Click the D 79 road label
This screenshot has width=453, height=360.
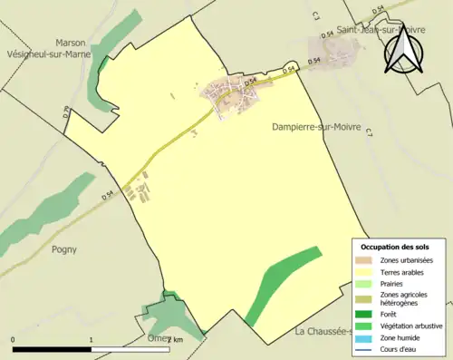[67, 112]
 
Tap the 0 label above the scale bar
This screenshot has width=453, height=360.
[14, 340]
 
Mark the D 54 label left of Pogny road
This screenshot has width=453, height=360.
[109, 193]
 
